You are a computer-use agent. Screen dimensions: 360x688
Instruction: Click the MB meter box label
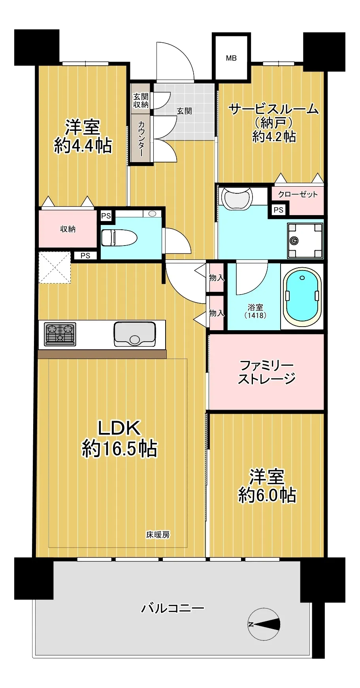pyautogui.click(x=231, y=58)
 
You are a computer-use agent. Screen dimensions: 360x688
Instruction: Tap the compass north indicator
pyautogui.click(x=264, y=624)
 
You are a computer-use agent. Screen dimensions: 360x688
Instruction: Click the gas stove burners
pyautogui.click(x=60, y=334)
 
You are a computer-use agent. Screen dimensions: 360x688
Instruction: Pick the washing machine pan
pyautogui.click(x=305, y=240)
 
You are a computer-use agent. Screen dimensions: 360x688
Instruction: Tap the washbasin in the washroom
pyautogui.click(x=237, y=198)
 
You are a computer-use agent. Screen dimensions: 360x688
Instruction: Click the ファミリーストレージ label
pyautogui.click(x=267, y=372)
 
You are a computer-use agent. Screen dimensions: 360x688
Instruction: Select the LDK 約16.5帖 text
pyautogui.click(x=119, y=439)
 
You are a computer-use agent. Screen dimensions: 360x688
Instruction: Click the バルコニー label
pyautogui.click(x=173, y=608)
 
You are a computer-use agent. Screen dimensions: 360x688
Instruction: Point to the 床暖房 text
pyautogui.click(x=158, y=535)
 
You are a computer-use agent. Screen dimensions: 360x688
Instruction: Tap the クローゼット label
pyautogui.click(x=298, y=194)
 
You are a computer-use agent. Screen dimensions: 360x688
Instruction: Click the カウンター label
pyautogui.click(x=141, y=138)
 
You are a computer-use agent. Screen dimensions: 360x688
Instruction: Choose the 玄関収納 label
pyautogui.click(x=141, y=100)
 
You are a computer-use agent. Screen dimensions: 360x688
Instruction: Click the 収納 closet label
pyautogui.click(x=68, y=229)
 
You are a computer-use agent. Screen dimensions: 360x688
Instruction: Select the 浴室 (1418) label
pyautogui.click(x=255, y=311)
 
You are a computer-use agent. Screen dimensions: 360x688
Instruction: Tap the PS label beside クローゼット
pyautogui.click(x=279, y=210)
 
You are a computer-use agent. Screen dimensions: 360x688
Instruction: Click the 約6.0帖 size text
pyautogui.click(x=267, y=495)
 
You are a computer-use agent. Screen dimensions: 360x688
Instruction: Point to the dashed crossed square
pyautogui.click(x=55, y=267)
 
